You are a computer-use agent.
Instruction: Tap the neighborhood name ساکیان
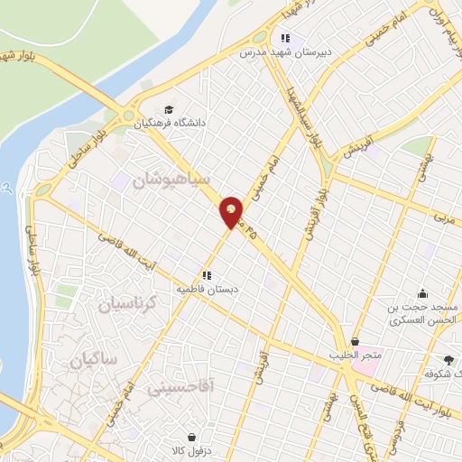[x=92, y=358]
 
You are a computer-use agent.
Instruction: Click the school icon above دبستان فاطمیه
[x=207, y=275]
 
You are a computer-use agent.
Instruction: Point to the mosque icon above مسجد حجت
[x=421, y=293]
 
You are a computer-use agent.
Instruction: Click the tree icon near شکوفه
[x=448, y=359]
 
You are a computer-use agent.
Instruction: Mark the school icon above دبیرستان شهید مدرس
[x=285, y=39]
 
